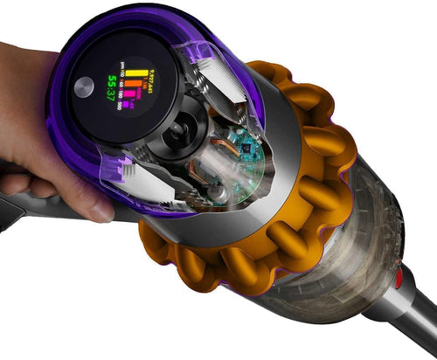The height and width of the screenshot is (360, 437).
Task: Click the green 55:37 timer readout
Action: tap(111, 87)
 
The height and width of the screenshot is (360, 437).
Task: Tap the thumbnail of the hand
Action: tap(102, 211)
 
